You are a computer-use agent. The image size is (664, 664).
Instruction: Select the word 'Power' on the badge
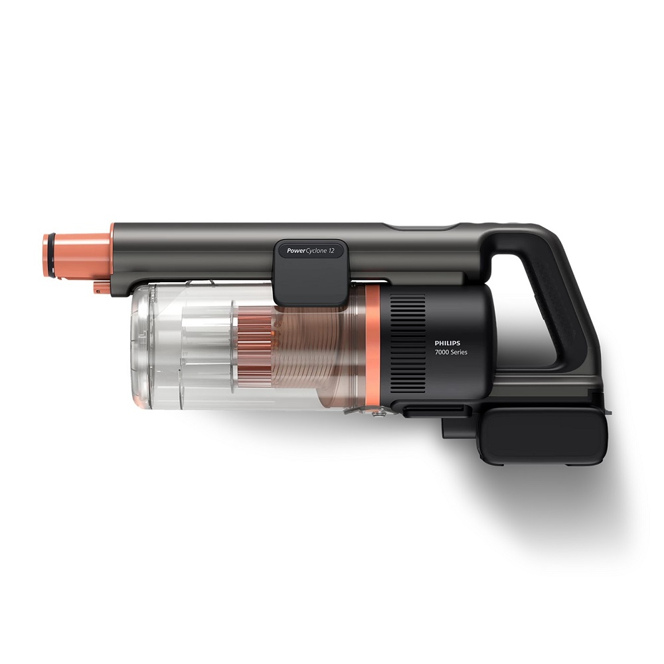coord(297,252)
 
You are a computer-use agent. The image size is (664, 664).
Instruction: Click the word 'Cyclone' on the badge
coord(318,252)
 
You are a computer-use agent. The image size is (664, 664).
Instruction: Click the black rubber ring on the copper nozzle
coord(46,254)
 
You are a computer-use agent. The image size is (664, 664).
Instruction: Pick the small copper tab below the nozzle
coord(101,287)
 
